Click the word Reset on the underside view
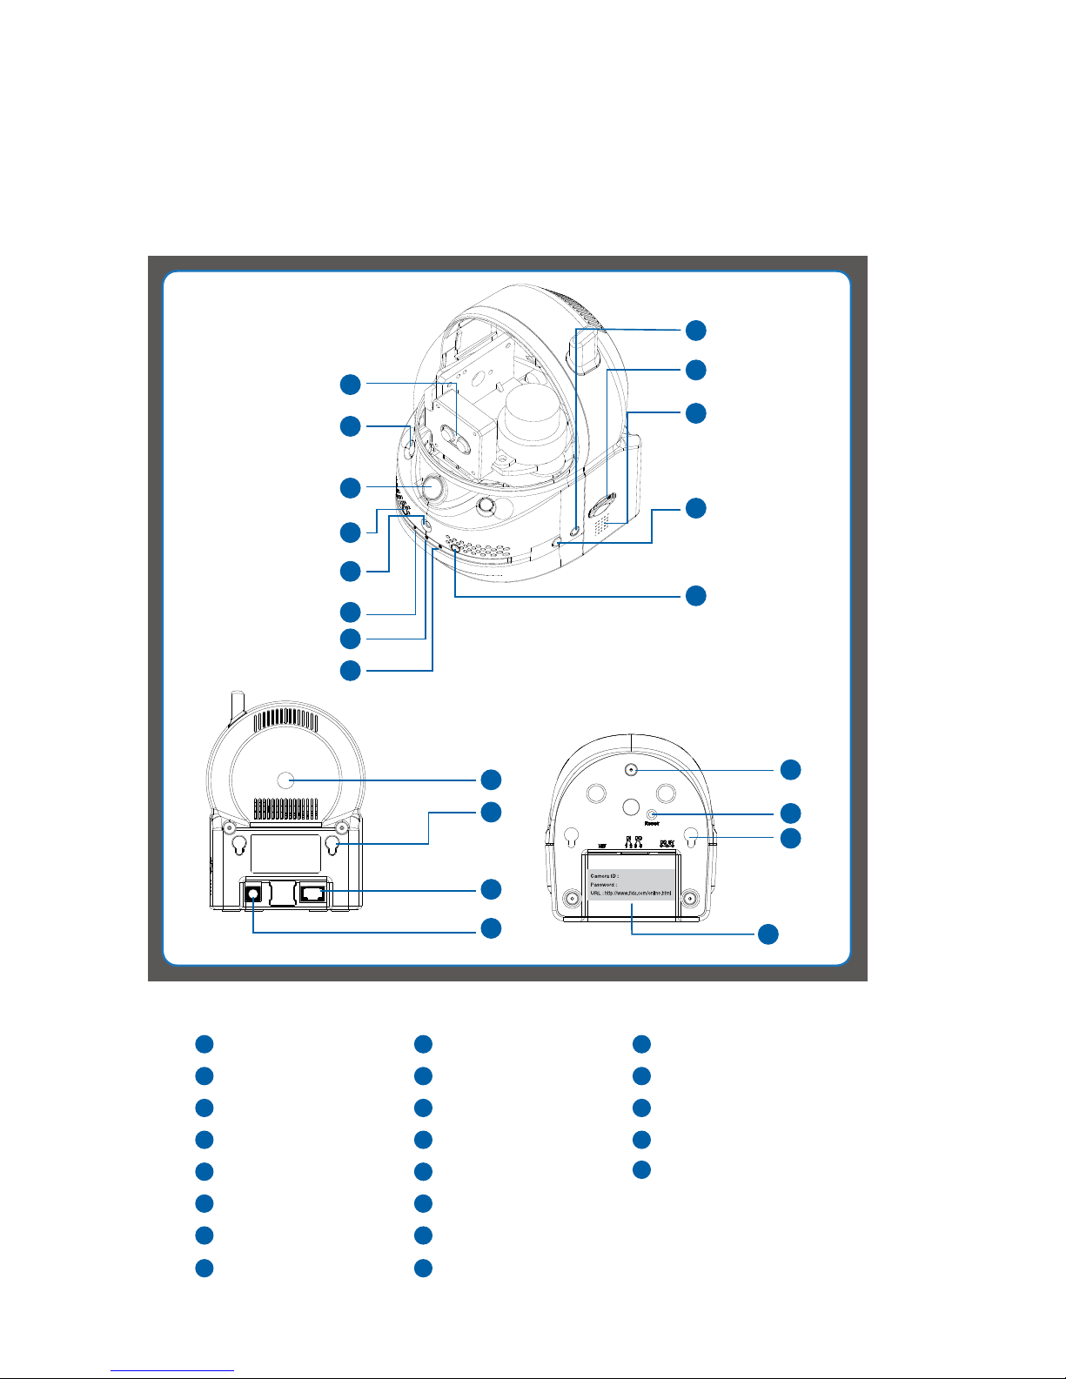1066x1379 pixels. click(x=652, y=823)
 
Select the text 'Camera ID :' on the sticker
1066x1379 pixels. click(x=605, y=875)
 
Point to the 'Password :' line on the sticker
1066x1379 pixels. click(x=604, y=884)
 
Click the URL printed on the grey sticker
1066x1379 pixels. click(x=631, y=894)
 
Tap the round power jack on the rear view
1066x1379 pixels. click(x=253, y=892)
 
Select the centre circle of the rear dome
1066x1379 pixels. click(x=289, y=780)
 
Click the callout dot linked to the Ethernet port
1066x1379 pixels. click(x=491, y=889)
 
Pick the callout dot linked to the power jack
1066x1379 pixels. click(x=491, y=927)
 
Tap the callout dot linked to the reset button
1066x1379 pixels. click(x=790, y=813)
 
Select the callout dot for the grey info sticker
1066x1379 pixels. click(x=768, y=934)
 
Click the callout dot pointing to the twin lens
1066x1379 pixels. click(x=349, y=384)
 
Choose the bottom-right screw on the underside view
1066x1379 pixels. click(x=690, y=899)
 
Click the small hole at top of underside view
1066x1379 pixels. click(x=631, y=769)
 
